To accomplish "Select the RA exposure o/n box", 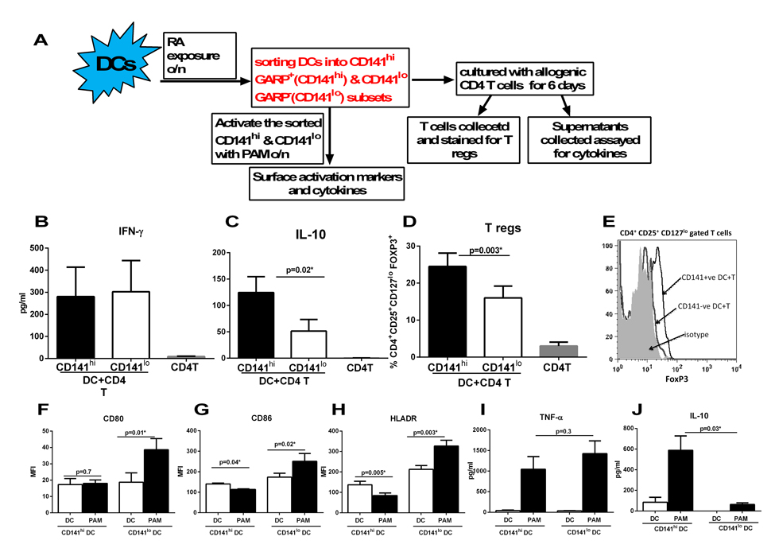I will point(199,56).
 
